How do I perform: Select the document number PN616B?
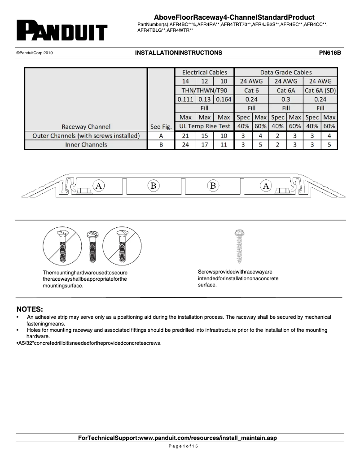click(x=330, y=52)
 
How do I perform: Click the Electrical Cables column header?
click(x=205, y=72)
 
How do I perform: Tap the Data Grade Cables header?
click(x=285, y=72)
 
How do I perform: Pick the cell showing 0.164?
click(x=224, y=100)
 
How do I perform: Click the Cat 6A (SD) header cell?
click(x=320, y=90)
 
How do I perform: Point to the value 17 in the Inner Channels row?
click(x=205, y=144)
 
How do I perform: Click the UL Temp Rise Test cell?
click(x=205, y=126)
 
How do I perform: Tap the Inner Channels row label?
click(x=86, y=144)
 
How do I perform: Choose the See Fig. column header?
click(x=161, y=126)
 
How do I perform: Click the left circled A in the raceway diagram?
click(x=99, y=185)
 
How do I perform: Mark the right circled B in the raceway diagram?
click(x=213, y=185)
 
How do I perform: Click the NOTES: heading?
click(x=30, y=309)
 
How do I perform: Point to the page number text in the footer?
click(x=180, y=447)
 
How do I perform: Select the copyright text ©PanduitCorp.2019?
click(x=35, y=53)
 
